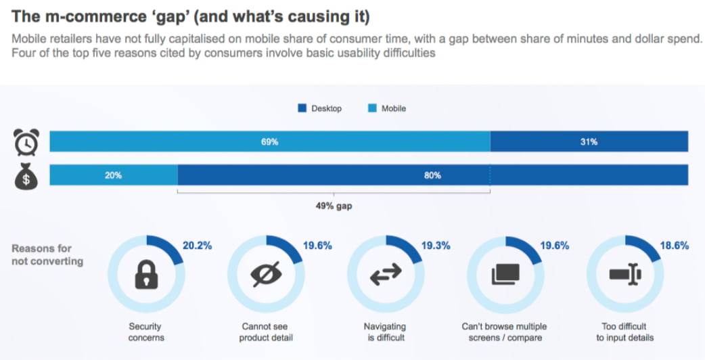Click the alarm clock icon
(x=26, y=142)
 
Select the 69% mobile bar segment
(x=270, y=142)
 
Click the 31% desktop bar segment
(x=589, y=142)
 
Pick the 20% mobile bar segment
(x=113, y=175)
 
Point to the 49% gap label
(x=334, y=206)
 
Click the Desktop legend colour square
(x=302, y=108)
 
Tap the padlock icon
(x=146, y=273)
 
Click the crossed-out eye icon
(x=265, y=273)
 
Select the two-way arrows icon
(x=385, y=273)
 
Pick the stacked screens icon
(x=505, y=273)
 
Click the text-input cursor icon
(x=624, y=273)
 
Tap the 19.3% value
(x=436, y=246)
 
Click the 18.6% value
(x=675, y=246)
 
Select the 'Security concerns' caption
(x=145, y=332)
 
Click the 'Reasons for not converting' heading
(x=47, y=254)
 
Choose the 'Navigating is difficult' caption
(x=384, y=332)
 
